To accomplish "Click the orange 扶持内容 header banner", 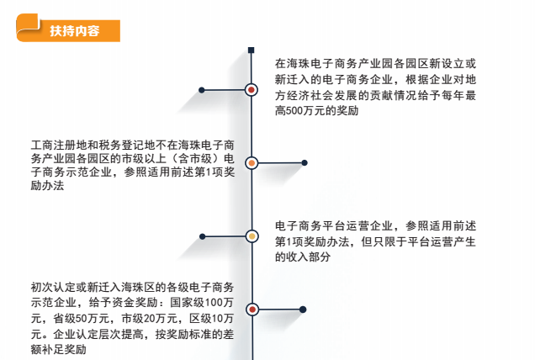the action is pos(68,29).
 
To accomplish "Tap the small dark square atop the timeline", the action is pos(252,50).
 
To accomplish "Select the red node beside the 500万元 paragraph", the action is pos(252,90).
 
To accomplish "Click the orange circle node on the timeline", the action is pos(252,163).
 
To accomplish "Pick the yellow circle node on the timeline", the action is pos(252,236).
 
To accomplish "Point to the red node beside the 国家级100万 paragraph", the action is pos(252,310).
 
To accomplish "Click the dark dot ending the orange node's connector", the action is pos(305,163).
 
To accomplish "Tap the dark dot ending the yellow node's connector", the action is pos(203,236).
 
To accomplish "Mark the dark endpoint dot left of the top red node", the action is pos(202,90).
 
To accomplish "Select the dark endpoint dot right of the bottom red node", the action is pos(303,310).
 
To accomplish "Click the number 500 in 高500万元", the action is pos(292,111).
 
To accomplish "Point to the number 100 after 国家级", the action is pos(214,303).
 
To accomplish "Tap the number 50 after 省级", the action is pos(82,319).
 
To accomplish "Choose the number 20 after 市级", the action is pos(150,319).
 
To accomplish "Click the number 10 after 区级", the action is pos(217,319).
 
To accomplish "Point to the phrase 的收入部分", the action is pos(303,257).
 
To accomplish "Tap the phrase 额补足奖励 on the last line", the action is pos(58,349).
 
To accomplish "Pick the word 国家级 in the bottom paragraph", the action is pos(188,303).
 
